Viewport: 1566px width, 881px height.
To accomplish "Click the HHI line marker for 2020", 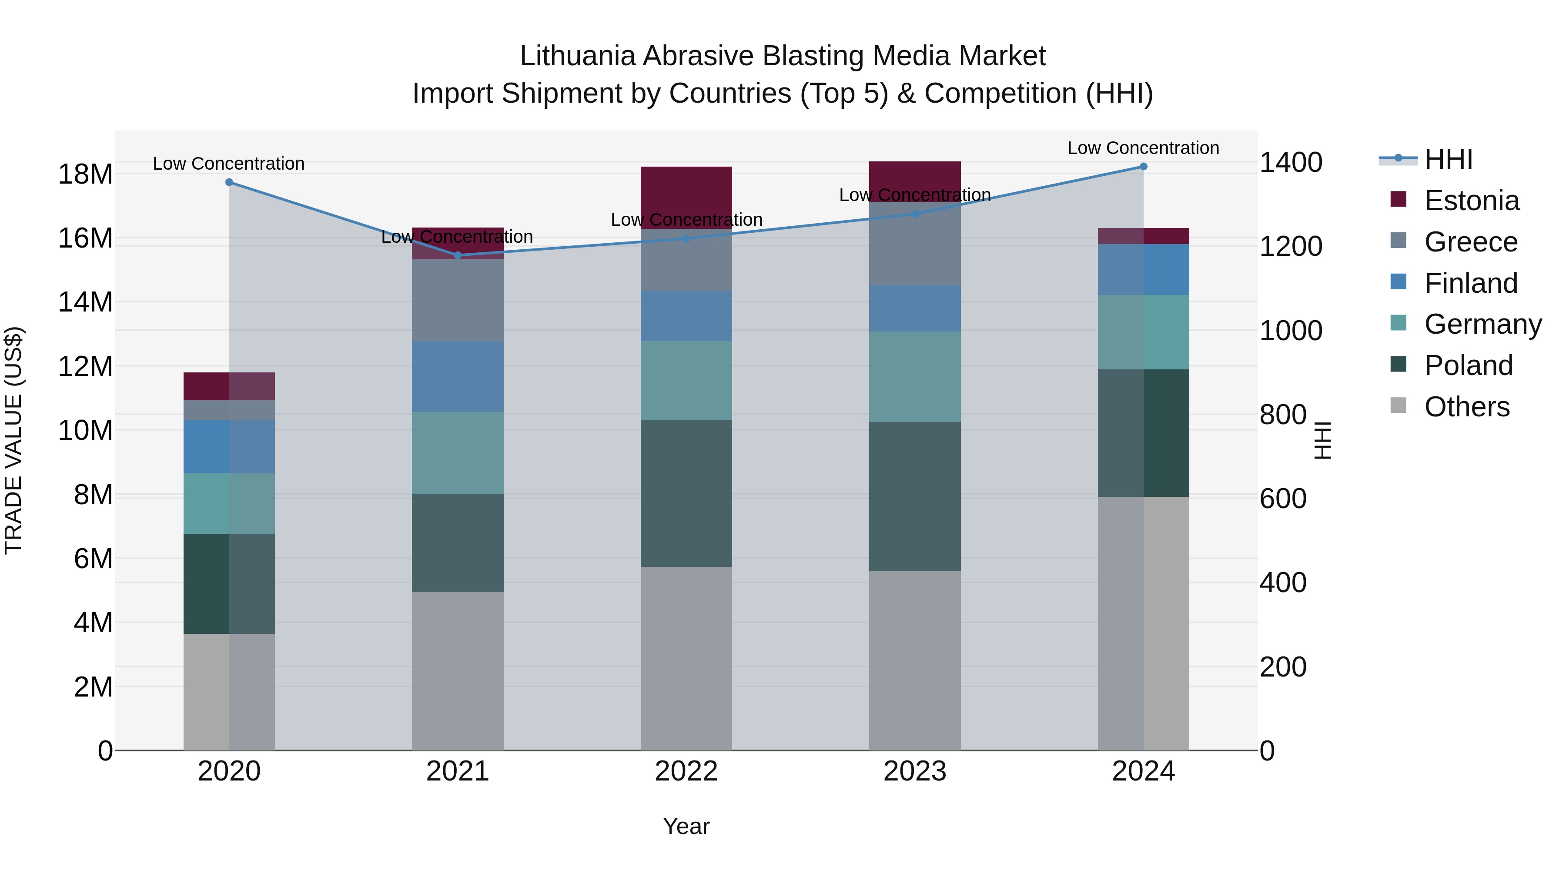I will [x=229, y=182].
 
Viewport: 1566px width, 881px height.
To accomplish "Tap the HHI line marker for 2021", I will [x=458, y=255].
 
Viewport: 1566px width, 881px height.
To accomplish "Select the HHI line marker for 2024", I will [x=1144, y=167].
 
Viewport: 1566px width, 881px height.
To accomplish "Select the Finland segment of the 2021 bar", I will [x=458, y=377].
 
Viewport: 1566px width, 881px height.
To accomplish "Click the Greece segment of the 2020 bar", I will [x=229, y=410].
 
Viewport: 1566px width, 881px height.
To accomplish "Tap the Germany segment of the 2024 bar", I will [x=1144, y=332].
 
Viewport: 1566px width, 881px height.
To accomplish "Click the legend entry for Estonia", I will [x=1471, y=201].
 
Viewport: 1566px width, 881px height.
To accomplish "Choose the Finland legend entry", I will [x=1471, y=283].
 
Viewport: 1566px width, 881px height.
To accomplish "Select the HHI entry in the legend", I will [x=1448, y=159].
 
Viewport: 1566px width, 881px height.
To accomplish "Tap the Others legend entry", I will [x=1466, y=407].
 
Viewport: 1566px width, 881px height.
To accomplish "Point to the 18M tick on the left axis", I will [x=85, y=174].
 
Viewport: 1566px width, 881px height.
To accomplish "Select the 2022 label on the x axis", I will [x=686, y=771].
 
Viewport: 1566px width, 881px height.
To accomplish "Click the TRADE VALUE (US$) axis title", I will [x=14, y=440].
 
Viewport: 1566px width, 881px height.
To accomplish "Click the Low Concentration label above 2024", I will [x=1144, y=148].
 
